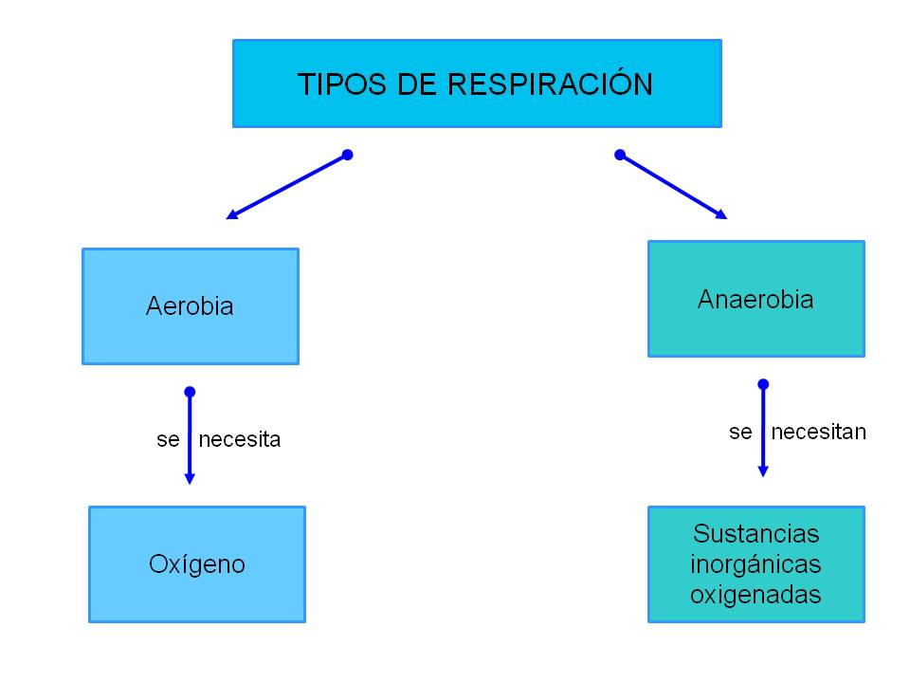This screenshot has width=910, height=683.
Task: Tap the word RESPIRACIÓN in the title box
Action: point(550,84)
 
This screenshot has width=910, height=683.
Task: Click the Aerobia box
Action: point(191,306)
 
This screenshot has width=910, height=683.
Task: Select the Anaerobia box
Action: point(755,299)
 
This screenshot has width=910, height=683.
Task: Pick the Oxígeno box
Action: point(197,564)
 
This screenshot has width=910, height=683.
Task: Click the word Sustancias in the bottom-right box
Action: point(755,533)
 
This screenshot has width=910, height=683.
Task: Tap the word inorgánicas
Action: point(755,564)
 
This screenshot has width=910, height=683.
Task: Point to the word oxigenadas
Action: point(755,596)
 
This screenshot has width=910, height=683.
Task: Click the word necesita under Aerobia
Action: point(240,440)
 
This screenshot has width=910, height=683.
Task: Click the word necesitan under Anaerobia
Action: point(818,433)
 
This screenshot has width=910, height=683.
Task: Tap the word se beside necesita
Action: point(168,440)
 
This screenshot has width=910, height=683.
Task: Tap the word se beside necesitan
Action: point(740,433)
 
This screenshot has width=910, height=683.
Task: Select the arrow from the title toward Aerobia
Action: point(287,186)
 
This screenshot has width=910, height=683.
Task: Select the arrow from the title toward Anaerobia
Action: point(673,186)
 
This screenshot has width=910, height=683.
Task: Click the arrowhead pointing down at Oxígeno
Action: point(190,479)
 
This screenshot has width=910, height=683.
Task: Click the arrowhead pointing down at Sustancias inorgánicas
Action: point(763,471)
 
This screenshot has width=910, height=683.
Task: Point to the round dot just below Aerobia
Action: point(190,392)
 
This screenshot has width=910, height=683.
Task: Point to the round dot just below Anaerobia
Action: point(763,384)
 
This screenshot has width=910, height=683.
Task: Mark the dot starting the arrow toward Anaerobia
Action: point(620,155)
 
